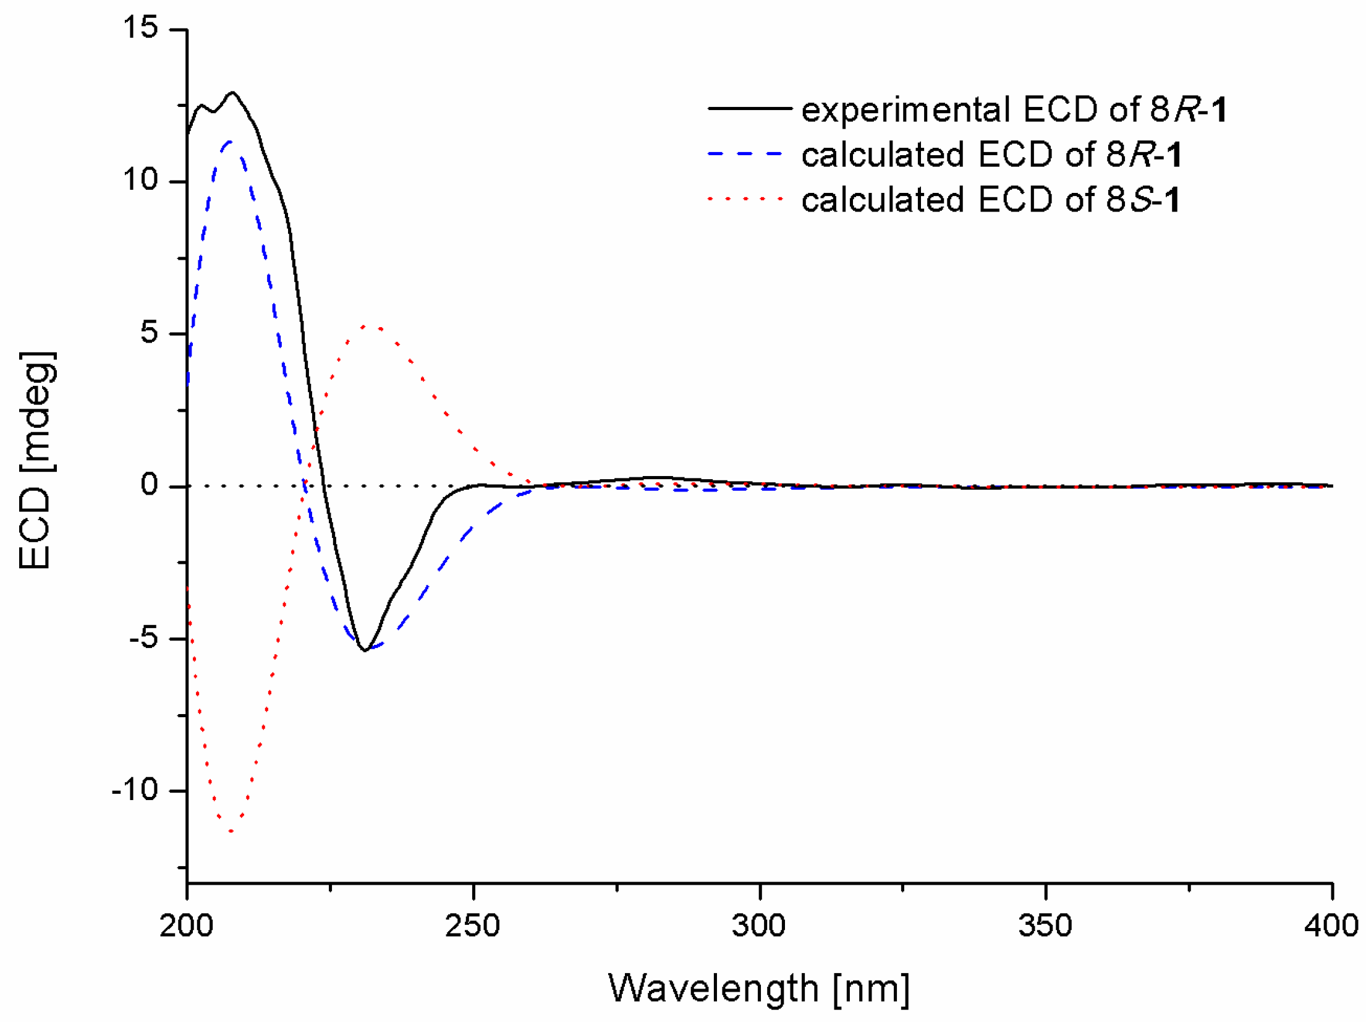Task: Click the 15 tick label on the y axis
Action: (x=140, y=28)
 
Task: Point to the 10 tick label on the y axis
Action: (x=140, y=180)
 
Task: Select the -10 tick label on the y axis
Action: (x=135, y=790)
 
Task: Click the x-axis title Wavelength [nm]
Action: (x=758, y=989)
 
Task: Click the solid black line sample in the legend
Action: (x=749, y=108)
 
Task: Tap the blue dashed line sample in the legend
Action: (x=745, y=153)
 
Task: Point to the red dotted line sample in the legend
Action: (x=745, y=199)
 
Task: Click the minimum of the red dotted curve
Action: (x=231, y=831)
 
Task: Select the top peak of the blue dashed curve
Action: (x=230, y=142)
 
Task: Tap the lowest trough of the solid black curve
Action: (x=365, y=650)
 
